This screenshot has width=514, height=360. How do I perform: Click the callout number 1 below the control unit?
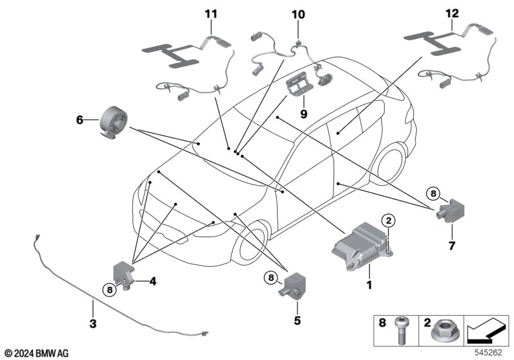369,285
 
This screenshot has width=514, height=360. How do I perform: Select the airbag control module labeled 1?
362,246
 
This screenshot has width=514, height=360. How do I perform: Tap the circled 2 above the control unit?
389,221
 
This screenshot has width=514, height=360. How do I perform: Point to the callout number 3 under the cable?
93,323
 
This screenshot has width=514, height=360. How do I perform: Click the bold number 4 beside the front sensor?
153,282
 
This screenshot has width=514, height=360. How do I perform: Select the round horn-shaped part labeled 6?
113,122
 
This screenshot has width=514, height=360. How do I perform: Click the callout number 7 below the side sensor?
452,246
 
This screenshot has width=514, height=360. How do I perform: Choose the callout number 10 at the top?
298,14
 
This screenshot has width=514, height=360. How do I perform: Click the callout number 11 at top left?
211,14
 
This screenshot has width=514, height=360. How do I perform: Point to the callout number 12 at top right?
452,14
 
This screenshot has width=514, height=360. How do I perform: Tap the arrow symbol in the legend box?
486,330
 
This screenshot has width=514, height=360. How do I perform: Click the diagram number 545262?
488,352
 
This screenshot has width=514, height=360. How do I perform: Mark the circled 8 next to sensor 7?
433,194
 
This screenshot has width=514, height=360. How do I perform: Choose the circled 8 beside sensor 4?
109,290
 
